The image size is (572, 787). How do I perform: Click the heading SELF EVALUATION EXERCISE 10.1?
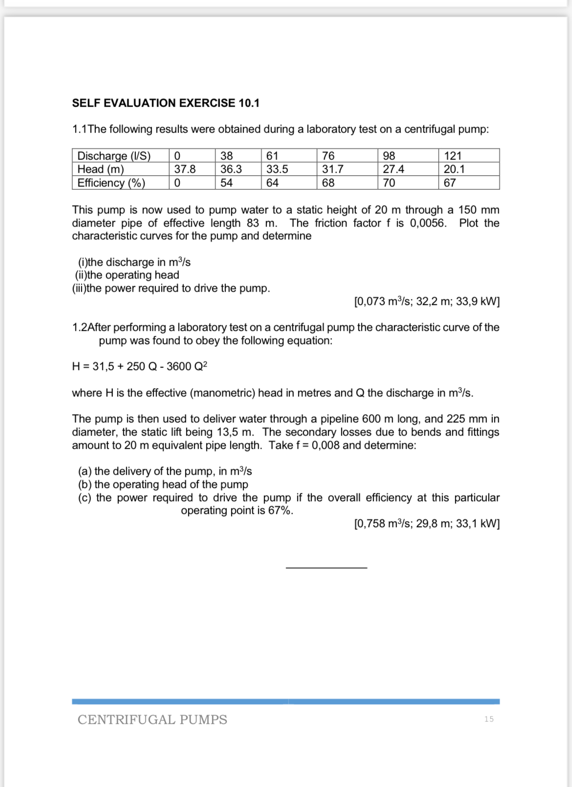[165, 103]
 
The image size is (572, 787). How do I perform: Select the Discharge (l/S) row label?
[114, 156]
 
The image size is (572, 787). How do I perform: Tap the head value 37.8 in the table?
[185, 169]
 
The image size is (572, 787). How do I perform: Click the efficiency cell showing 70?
[389, 183]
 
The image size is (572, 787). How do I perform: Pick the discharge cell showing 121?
[452, 156]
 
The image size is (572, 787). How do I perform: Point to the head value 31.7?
[332, 169]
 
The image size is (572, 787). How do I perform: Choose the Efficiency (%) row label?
[111, 183]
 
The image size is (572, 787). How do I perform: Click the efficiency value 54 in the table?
[226, 183]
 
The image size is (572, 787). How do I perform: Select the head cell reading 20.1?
[454, 169]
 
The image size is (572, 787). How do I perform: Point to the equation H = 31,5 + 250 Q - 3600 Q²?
[139, 367]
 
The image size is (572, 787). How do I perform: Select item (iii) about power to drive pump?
[171, 288]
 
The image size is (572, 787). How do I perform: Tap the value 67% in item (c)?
[281, 510]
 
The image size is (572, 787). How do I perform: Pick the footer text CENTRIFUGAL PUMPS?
[152, 719]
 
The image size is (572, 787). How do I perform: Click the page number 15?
[489, 719]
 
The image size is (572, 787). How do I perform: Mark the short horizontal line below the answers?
[326, 568]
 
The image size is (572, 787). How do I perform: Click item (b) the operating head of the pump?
[163, 485]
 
